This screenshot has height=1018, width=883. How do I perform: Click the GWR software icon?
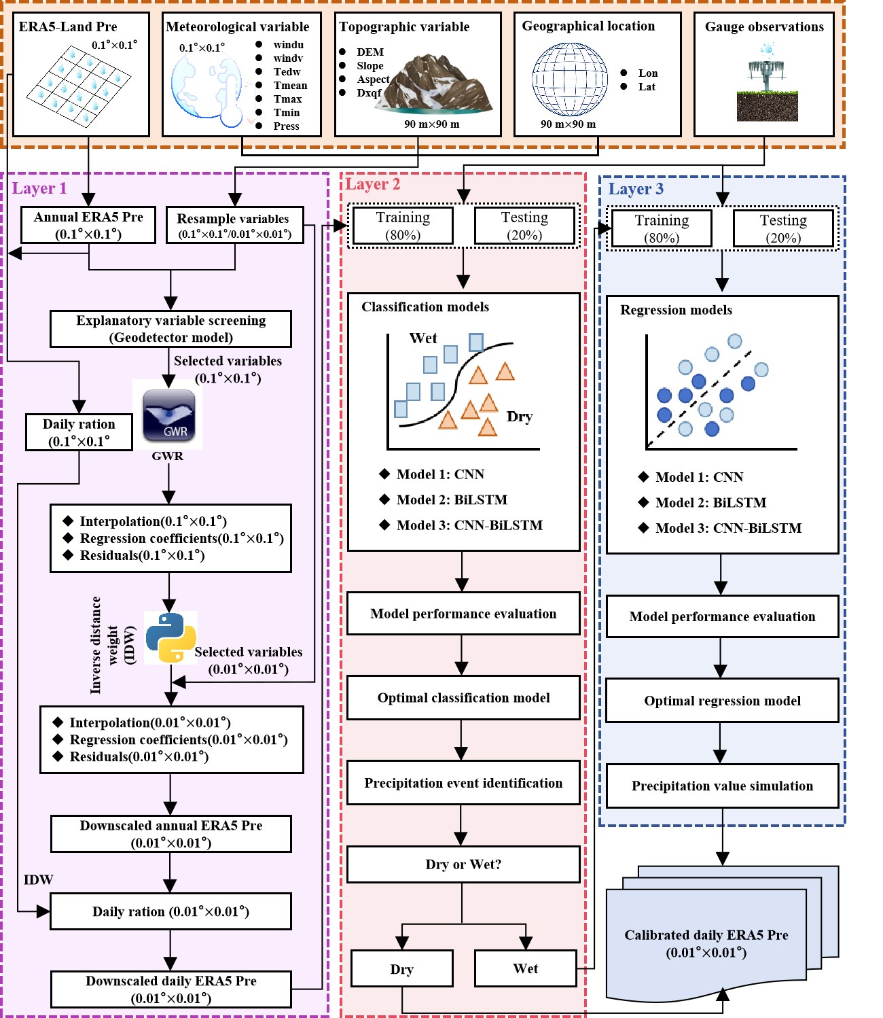(168, 416)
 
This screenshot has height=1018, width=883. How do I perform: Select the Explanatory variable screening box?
(170, 329)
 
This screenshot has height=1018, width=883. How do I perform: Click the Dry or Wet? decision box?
(463, 864)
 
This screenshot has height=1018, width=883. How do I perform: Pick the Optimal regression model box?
(722, 701)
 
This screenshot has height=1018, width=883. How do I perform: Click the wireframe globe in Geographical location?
(569, 80)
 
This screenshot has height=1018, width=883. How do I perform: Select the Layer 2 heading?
(372, 184)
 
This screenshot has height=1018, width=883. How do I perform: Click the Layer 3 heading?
(635, 189)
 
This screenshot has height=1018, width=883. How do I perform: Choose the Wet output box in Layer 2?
(525, 968)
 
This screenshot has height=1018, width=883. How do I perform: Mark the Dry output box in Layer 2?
(401, 969)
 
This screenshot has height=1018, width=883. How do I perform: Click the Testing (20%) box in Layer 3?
(783, 228)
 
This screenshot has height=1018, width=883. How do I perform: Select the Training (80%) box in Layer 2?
(403, 226)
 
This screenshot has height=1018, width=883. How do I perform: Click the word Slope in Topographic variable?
(370, 66)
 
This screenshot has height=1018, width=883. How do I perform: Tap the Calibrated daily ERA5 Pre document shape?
(706, 943)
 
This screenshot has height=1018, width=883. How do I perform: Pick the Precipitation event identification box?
(463, 783)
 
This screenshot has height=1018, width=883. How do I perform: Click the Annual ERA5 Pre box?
(88, 225)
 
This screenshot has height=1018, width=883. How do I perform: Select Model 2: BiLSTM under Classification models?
(452, 500)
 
